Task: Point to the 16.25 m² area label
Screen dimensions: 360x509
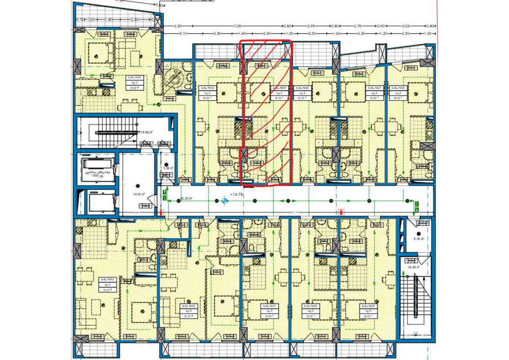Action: click(x=413, y=266)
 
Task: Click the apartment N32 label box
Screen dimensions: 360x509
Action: click(x=186, y=311)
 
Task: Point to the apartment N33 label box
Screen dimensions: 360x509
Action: click(x=106, y=284)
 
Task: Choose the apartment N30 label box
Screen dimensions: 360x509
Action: click(x=314, y=311)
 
